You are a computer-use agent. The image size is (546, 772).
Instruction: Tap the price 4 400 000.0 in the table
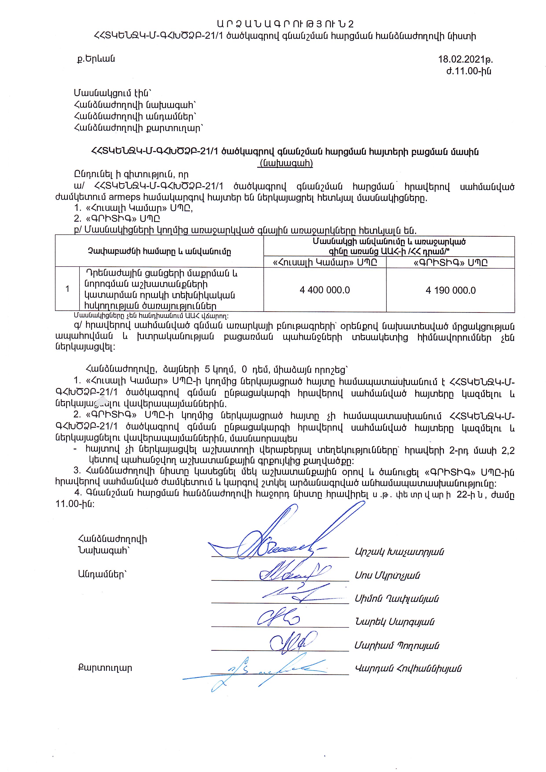click(325, 290)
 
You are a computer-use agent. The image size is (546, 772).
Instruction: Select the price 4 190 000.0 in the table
click(450, 290)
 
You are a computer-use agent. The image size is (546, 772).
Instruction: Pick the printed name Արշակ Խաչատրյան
click(399, 552)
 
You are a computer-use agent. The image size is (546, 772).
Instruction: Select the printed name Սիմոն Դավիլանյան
click(397, 599)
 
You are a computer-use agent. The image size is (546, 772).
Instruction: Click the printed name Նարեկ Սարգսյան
click(394, 622)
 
